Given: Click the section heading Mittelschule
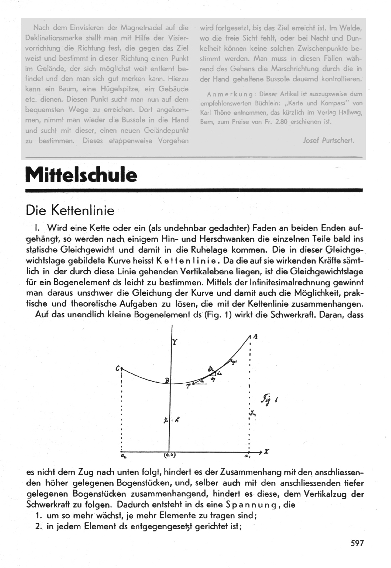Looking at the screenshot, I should (81, 175).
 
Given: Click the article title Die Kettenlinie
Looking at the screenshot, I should (70, 211).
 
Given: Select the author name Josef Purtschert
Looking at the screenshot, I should (328, 140).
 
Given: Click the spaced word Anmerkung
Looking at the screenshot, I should (230, 94).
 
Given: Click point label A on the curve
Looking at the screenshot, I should (255, 337).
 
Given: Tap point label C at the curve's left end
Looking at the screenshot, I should (117, 368).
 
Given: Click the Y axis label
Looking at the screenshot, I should (175, 342).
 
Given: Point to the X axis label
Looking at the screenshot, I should (267, 452).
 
